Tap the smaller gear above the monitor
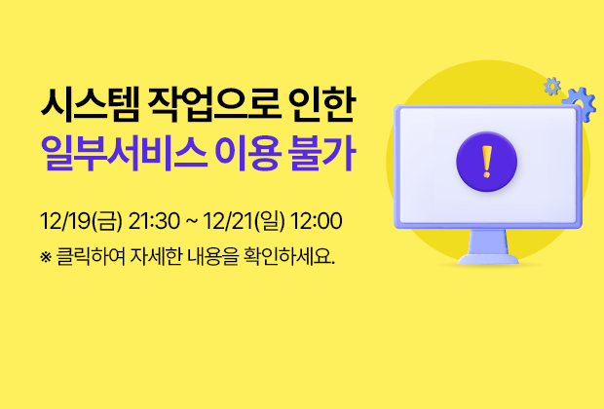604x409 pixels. click(x=552, y=86)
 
